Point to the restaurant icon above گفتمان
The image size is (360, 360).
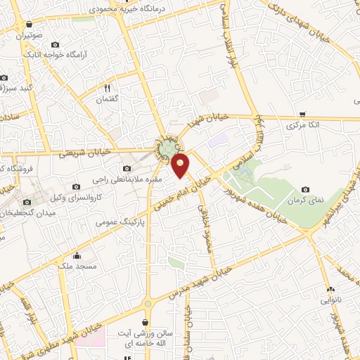tap(108, 88)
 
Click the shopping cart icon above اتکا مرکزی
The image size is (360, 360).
tap(302, 114)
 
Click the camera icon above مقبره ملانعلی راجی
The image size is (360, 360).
tap(127, 168)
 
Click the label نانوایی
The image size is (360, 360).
tap(331, 300)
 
